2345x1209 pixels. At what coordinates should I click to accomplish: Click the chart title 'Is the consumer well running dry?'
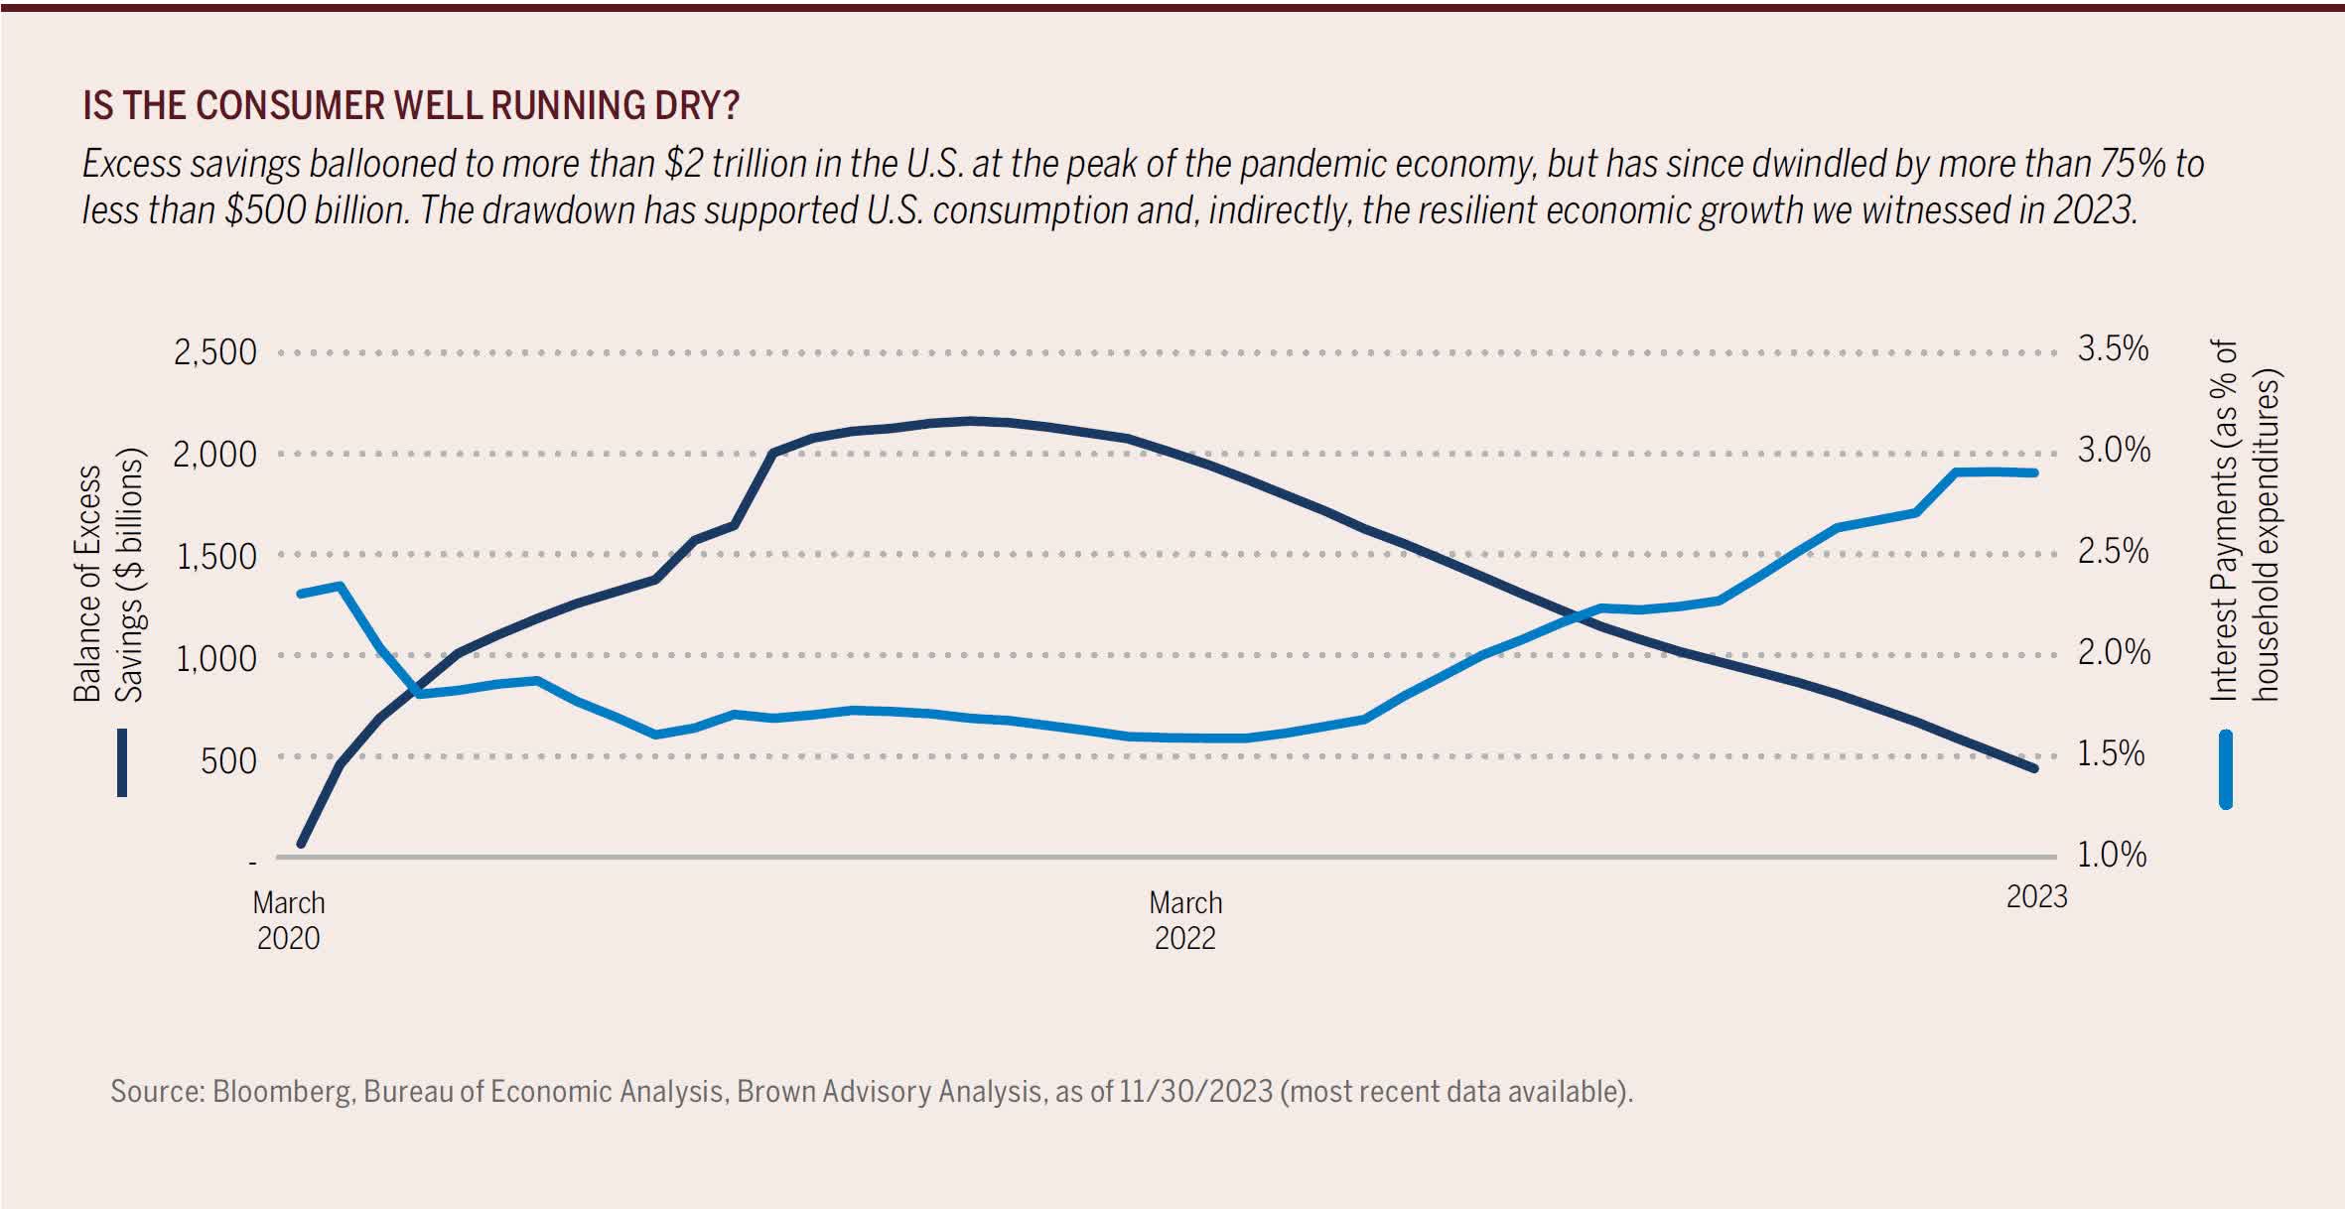click(411, 105)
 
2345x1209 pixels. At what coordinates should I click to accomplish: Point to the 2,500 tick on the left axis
click(214, 352)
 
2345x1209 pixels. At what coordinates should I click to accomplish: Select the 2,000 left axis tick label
click(214, 455)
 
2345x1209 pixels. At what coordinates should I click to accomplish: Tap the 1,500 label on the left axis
click(215, 557)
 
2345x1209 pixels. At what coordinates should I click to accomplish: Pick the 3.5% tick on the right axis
click(2113, 348)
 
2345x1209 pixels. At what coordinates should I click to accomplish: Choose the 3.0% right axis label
click(2114, 450)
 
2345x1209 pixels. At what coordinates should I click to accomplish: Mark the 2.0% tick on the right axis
click(2114, 652)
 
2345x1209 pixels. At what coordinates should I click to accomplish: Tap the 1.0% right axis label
click(2112, 855)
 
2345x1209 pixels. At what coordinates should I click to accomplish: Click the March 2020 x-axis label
click(289, 920)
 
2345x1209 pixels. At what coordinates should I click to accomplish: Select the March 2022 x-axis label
click(1185, 920)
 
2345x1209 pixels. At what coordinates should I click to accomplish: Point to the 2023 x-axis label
click(2036, 897)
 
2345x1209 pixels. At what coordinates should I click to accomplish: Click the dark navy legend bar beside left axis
click(122, 762)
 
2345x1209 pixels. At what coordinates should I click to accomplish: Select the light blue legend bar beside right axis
click(2225, 769)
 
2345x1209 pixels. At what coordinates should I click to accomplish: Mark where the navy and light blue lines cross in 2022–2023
click(1576, 615)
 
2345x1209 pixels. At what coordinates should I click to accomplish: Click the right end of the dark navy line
click(2034, 768)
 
